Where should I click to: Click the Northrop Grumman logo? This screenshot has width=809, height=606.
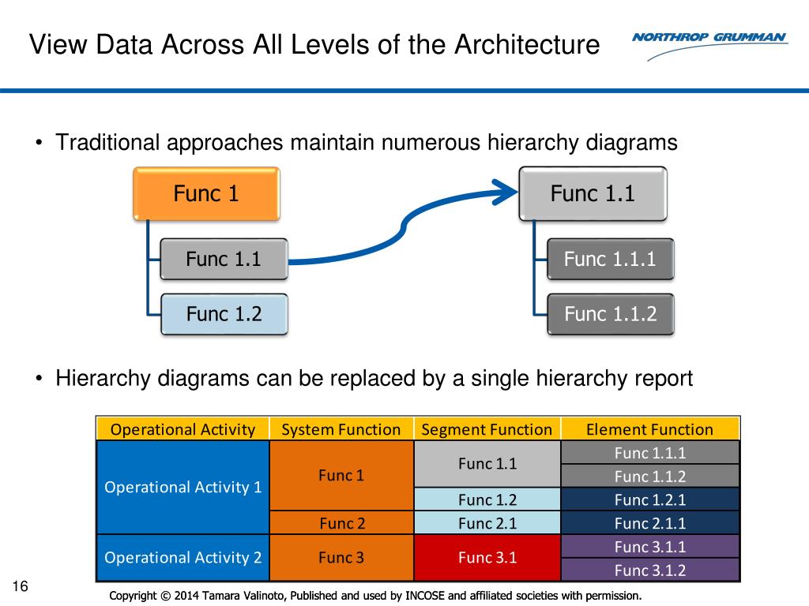710,45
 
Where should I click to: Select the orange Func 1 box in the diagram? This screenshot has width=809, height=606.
206,194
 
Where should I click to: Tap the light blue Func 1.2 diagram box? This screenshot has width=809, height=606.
224,314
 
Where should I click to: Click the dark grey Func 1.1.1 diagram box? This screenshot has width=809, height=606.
611,259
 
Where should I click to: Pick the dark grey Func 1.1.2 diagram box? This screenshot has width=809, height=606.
611,314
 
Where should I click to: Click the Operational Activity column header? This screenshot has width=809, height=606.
182,428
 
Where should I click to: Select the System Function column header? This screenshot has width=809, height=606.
341,428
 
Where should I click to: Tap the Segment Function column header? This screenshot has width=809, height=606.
487,428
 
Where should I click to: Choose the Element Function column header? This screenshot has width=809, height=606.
650,428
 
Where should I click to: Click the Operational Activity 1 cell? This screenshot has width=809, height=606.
182,487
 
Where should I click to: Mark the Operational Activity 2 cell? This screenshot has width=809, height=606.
182,558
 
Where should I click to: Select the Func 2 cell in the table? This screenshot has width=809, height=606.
341,523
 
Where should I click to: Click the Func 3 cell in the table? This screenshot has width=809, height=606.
341,558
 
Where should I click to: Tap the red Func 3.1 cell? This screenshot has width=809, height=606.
487,558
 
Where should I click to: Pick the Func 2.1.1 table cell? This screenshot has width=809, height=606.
650,523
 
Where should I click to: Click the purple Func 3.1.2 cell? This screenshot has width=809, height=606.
650,570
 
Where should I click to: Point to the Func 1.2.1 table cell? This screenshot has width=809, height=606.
650,499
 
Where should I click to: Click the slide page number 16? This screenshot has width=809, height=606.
20,586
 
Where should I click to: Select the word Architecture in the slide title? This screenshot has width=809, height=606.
527,44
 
